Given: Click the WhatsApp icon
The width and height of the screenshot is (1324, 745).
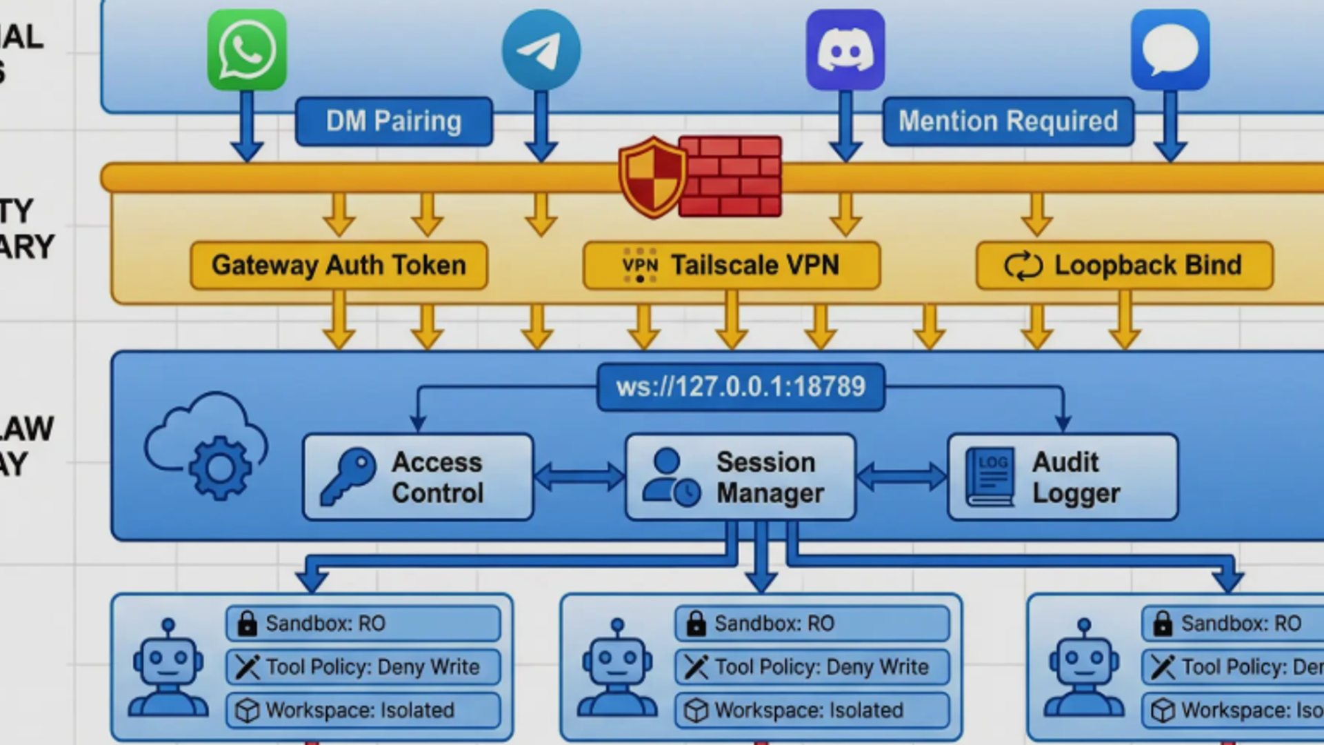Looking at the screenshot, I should coord(247,50).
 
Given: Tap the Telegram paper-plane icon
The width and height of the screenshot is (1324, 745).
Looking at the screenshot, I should coord(541,50).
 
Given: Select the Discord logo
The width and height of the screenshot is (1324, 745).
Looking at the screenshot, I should coord(845,50).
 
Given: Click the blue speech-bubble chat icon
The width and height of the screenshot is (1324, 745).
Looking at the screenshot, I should coord(1170,50).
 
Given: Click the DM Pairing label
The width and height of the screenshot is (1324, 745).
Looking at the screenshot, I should coord(394,121).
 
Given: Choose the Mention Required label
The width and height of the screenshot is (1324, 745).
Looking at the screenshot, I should coord(1007,121).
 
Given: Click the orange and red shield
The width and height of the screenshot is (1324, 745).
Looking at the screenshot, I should coord(651,177).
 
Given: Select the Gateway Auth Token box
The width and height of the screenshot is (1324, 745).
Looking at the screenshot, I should coord(339,265).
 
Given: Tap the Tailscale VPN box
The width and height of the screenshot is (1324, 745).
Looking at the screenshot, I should coord(731,265).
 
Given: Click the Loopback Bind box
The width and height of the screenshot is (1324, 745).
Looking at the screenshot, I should coord(1124,265).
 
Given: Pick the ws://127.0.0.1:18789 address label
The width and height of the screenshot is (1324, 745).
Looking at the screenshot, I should coord(741,387).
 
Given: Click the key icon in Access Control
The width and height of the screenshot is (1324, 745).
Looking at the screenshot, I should coord(348,476).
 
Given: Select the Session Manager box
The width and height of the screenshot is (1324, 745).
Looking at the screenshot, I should coord(740,477).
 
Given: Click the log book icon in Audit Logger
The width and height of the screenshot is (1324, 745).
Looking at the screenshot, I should coord(990,477).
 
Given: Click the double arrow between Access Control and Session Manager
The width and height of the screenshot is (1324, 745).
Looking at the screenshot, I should coord(579,477).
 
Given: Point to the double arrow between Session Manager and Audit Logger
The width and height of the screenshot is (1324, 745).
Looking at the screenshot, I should coord(901,477).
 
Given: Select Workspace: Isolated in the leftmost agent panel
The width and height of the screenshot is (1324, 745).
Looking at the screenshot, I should coord(363,711).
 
